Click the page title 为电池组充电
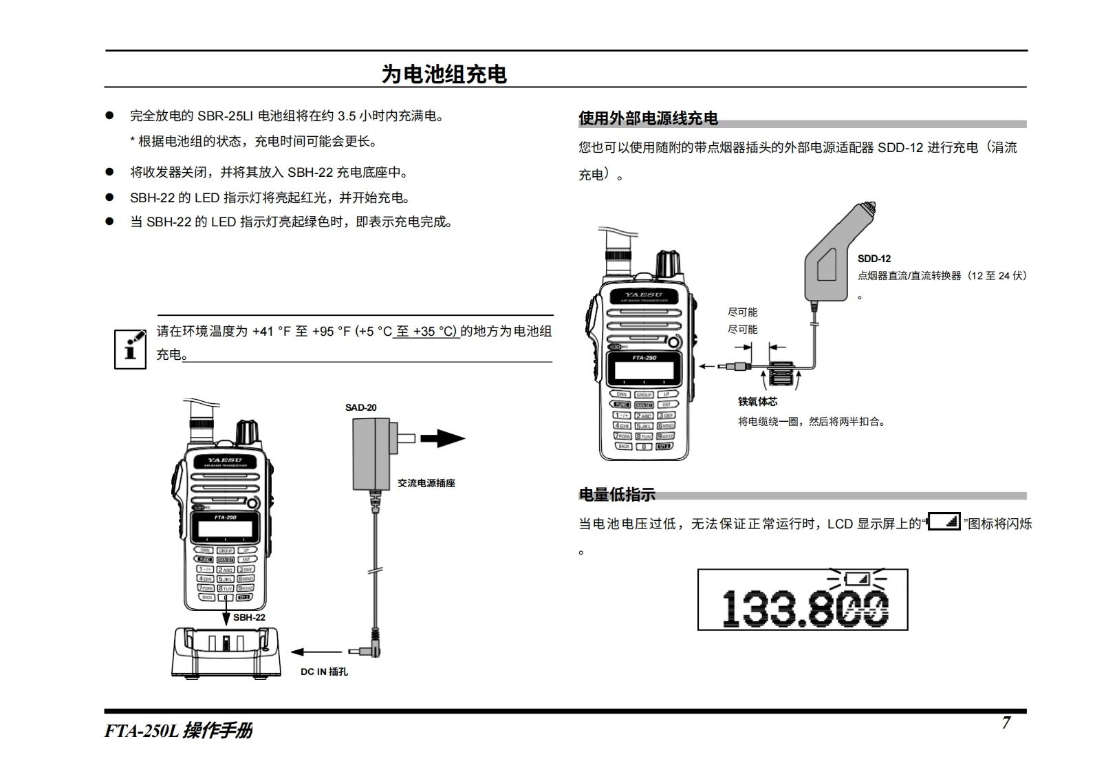(444, 74)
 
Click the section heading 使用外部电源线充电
(648, 118)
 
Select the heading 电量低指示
(617, 494)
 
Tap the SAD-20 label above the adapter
(360, 407)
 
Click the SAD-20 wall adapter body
(371, 454)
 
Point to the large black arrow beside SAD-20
(442, 438)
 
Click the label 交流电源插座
(426, 483)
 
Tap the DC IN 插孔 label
(324, 672)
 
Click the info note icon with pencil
(130, 350)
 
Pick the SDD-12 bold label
(874, 259)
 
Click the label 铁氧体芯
(757, 402)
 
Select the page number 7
(1006, 722)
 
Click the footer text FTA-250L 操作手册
(178, 730)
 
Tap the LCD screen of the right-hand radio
(644, 370)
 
